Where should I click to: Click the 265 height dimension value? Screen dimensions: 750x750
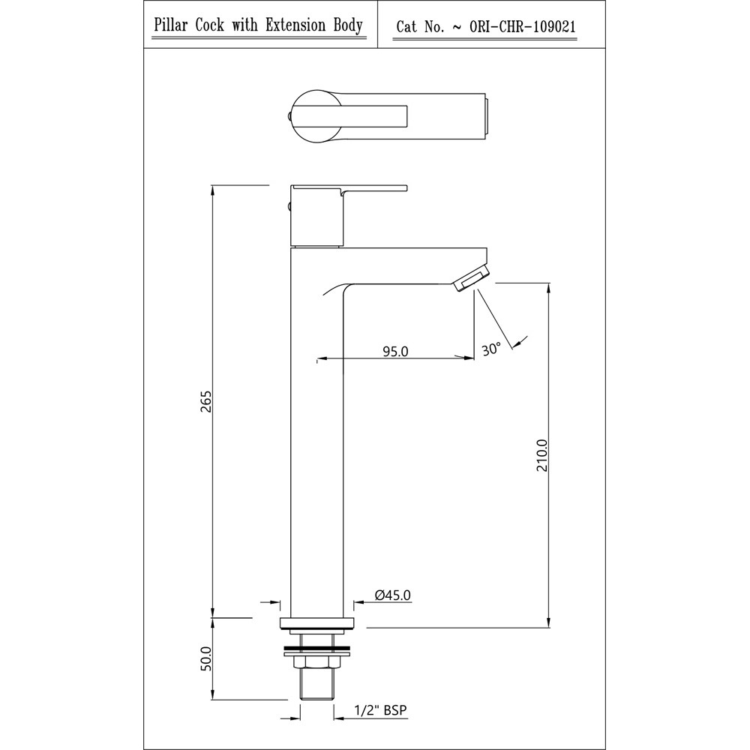coord(205,401)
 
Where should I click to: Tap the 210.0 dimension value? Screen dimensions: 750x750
coord(541,454)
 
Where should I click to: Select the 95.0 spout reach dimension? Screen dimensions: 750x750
coord(395,351)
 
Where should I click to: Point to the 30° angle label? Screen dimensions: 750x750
coord(491,348)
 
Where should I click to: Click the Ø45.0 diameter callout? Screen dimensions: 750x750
coord(393,595)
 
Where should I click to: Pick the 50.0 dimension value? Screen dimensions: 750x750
coord(205,658)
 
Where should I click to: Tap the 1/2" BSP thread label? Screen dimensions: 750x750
coord(381,709)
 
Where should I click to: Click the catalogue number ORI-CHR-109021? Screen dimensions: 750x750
coord(522,27)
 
